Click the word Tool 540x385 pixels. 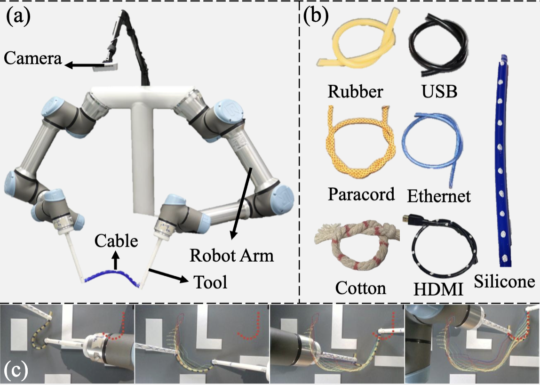tap(210, 282)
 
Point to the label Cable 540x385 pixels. tap(116, 241)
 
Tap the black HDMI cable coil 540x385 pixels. tap(444, 251)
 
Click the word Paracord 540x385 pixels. tap(361, 194)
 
